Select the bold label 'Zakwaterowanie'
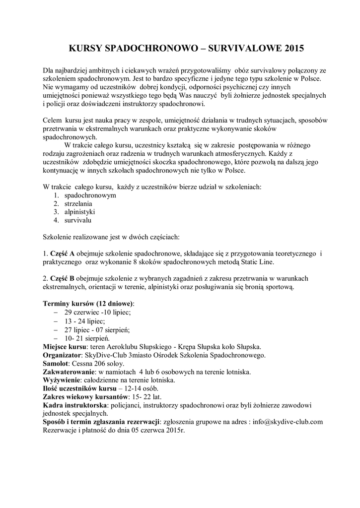coord(69,372)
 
